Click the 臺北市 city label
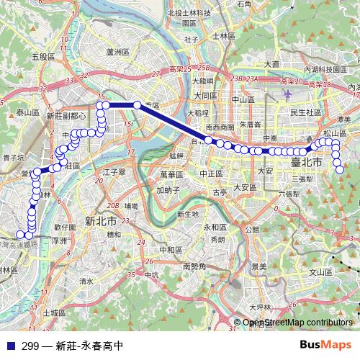(x=307, y=163)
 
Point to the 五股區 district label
(x=43, y=56)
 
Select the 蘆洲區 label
(x=116, y=52)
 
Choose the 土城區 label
(x=53, y=313)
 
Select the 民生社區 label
(x=305, y=112)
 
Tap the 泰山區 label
(x=27, y=113)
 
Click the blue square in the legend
(x=9, y=344)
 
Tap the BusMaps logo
(x=325, y=344)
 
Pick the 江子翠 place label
(x=114, y=172)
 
